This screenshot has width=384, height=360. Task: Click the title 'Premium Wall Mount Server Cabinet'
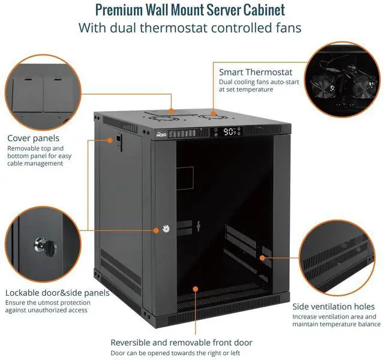click(x=190, y=10)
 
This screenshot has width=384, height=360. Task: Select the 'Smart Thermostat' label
click(x=256, y=72)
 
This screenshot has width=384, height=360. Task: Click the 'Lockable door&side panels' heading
click(x=57, y=293)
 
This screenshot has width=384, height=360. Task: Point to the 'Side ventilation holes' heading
click(x=333, y=307)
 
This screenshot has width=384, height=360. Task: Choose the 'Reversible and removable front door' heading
click(x=181, y=343)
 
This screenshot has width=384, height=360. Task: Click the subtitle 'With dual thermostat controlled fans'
click(x=190, y=28)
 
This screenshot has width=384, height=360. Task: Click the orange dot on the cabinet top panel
click(x=172, y=110)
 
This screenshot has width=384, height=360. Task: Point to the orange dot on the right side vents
click(x=262, y=257)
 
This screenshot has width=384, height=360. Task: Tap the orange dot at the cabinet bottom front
click(x=195, y=289)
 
